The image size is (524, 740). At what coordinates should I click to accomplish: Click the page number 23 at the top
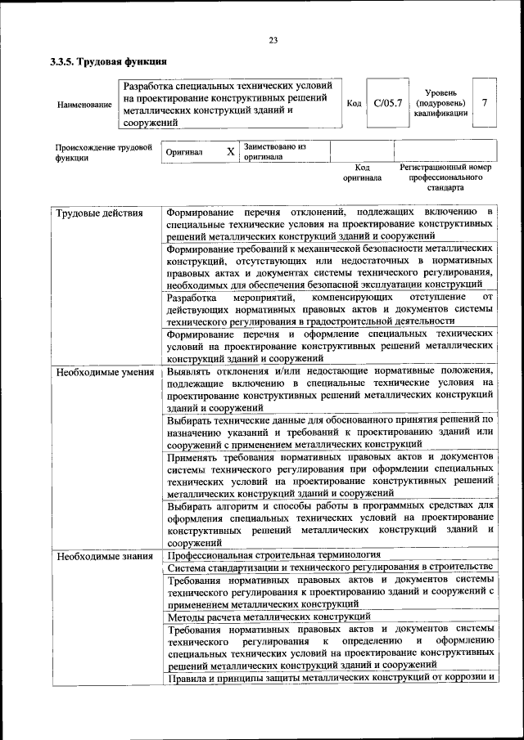coord(273,40)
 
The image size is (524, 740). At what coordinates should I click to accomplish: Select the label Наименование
coord(84,105)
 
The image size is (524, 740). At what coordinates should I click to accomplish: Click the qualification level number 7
coord(486,103)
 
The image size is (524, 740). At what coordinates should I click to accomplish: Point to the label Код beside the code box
coord(354,103)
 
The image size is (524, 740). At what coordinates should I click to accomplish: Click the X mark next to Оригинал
coord(230,152)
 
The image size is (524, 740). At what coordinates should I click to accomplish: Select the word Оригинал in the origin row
coord(184,152)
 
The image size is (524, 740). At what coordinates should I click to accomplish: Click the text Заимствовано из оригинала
coord(274,151)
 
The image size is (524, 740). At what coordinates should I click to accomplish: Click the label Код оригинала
coord(362,173)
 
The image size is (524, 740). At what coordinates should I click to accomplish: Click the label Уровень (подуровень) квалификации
coord(440,103)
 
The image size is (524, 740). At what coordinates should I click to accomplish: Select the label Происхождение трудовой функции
coord(104,153)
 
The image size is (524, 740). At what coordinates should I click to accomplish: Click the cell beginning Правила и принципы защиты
coord(331,678)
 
